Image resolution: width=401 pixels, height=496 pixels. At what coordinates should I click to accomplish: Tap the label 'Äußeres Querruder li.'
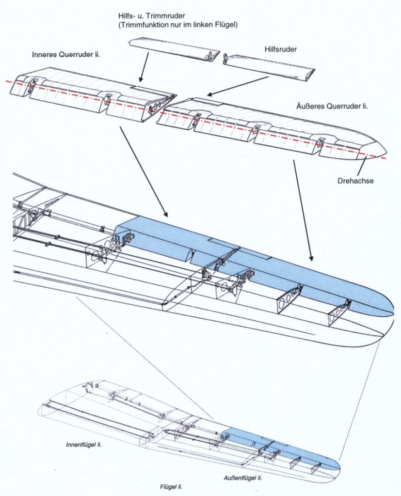[331, 106]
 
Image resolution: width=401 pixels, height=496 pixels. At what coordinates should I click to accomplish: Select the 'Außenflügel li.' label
[243, 478]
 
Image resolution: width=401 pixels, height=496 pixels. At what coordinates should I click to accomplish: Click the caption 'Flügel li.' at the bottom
[171, 486]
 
